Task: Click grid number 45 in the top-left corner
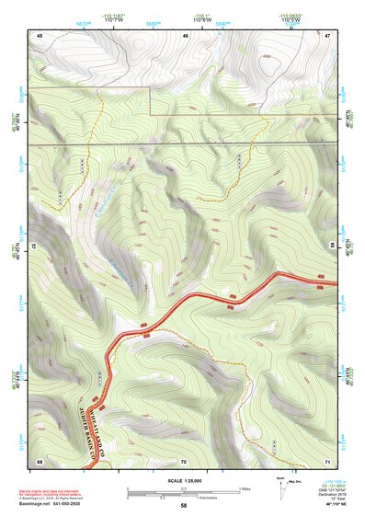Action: point(40,34)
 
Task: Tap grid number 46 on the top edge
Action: point(186,34)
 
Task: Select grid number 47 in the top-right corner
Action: point(328,34)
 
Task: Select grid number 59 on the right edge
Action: point(332,247)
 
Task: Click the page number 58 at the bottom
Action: point(184,506)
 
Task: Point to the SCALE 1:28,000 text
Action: point(184,480)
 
